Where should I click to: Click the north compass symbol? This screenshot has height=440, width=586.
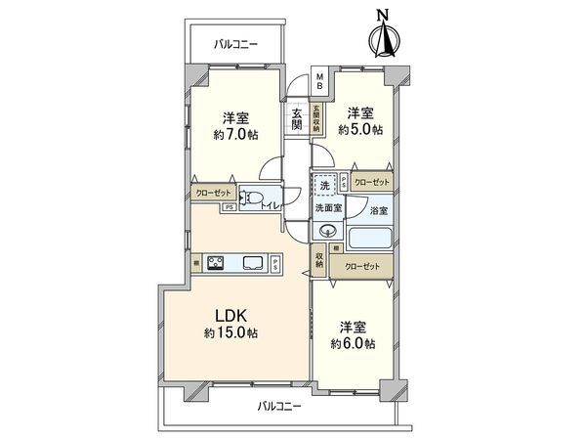[384, 36]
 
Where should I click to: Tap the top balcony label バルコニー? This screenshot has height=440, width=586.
[234, 43]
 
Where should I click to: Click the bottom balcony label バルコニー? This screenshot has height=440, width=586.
[279, 405]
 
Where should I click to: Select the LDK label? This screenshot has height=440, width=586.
[232, 316]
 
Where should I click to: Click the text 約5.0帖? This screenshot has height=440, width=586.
[360, 129]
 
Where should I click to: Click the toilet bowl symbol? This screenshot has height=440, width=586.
[253, 199]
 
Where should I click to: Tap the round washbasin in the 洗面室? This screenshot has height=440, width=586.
[327, 232]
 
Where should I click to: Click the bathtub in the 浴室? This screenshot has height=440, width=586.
[370, 238]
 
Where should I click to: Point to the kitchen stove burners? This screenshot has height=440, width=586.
[215, 262]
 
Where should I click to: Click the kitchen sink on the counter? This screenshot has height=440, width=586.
[252, 262]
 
